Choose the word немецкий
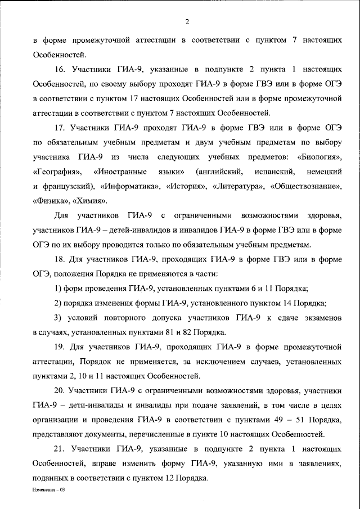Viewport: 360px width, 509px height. click(x=325, y=170)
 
